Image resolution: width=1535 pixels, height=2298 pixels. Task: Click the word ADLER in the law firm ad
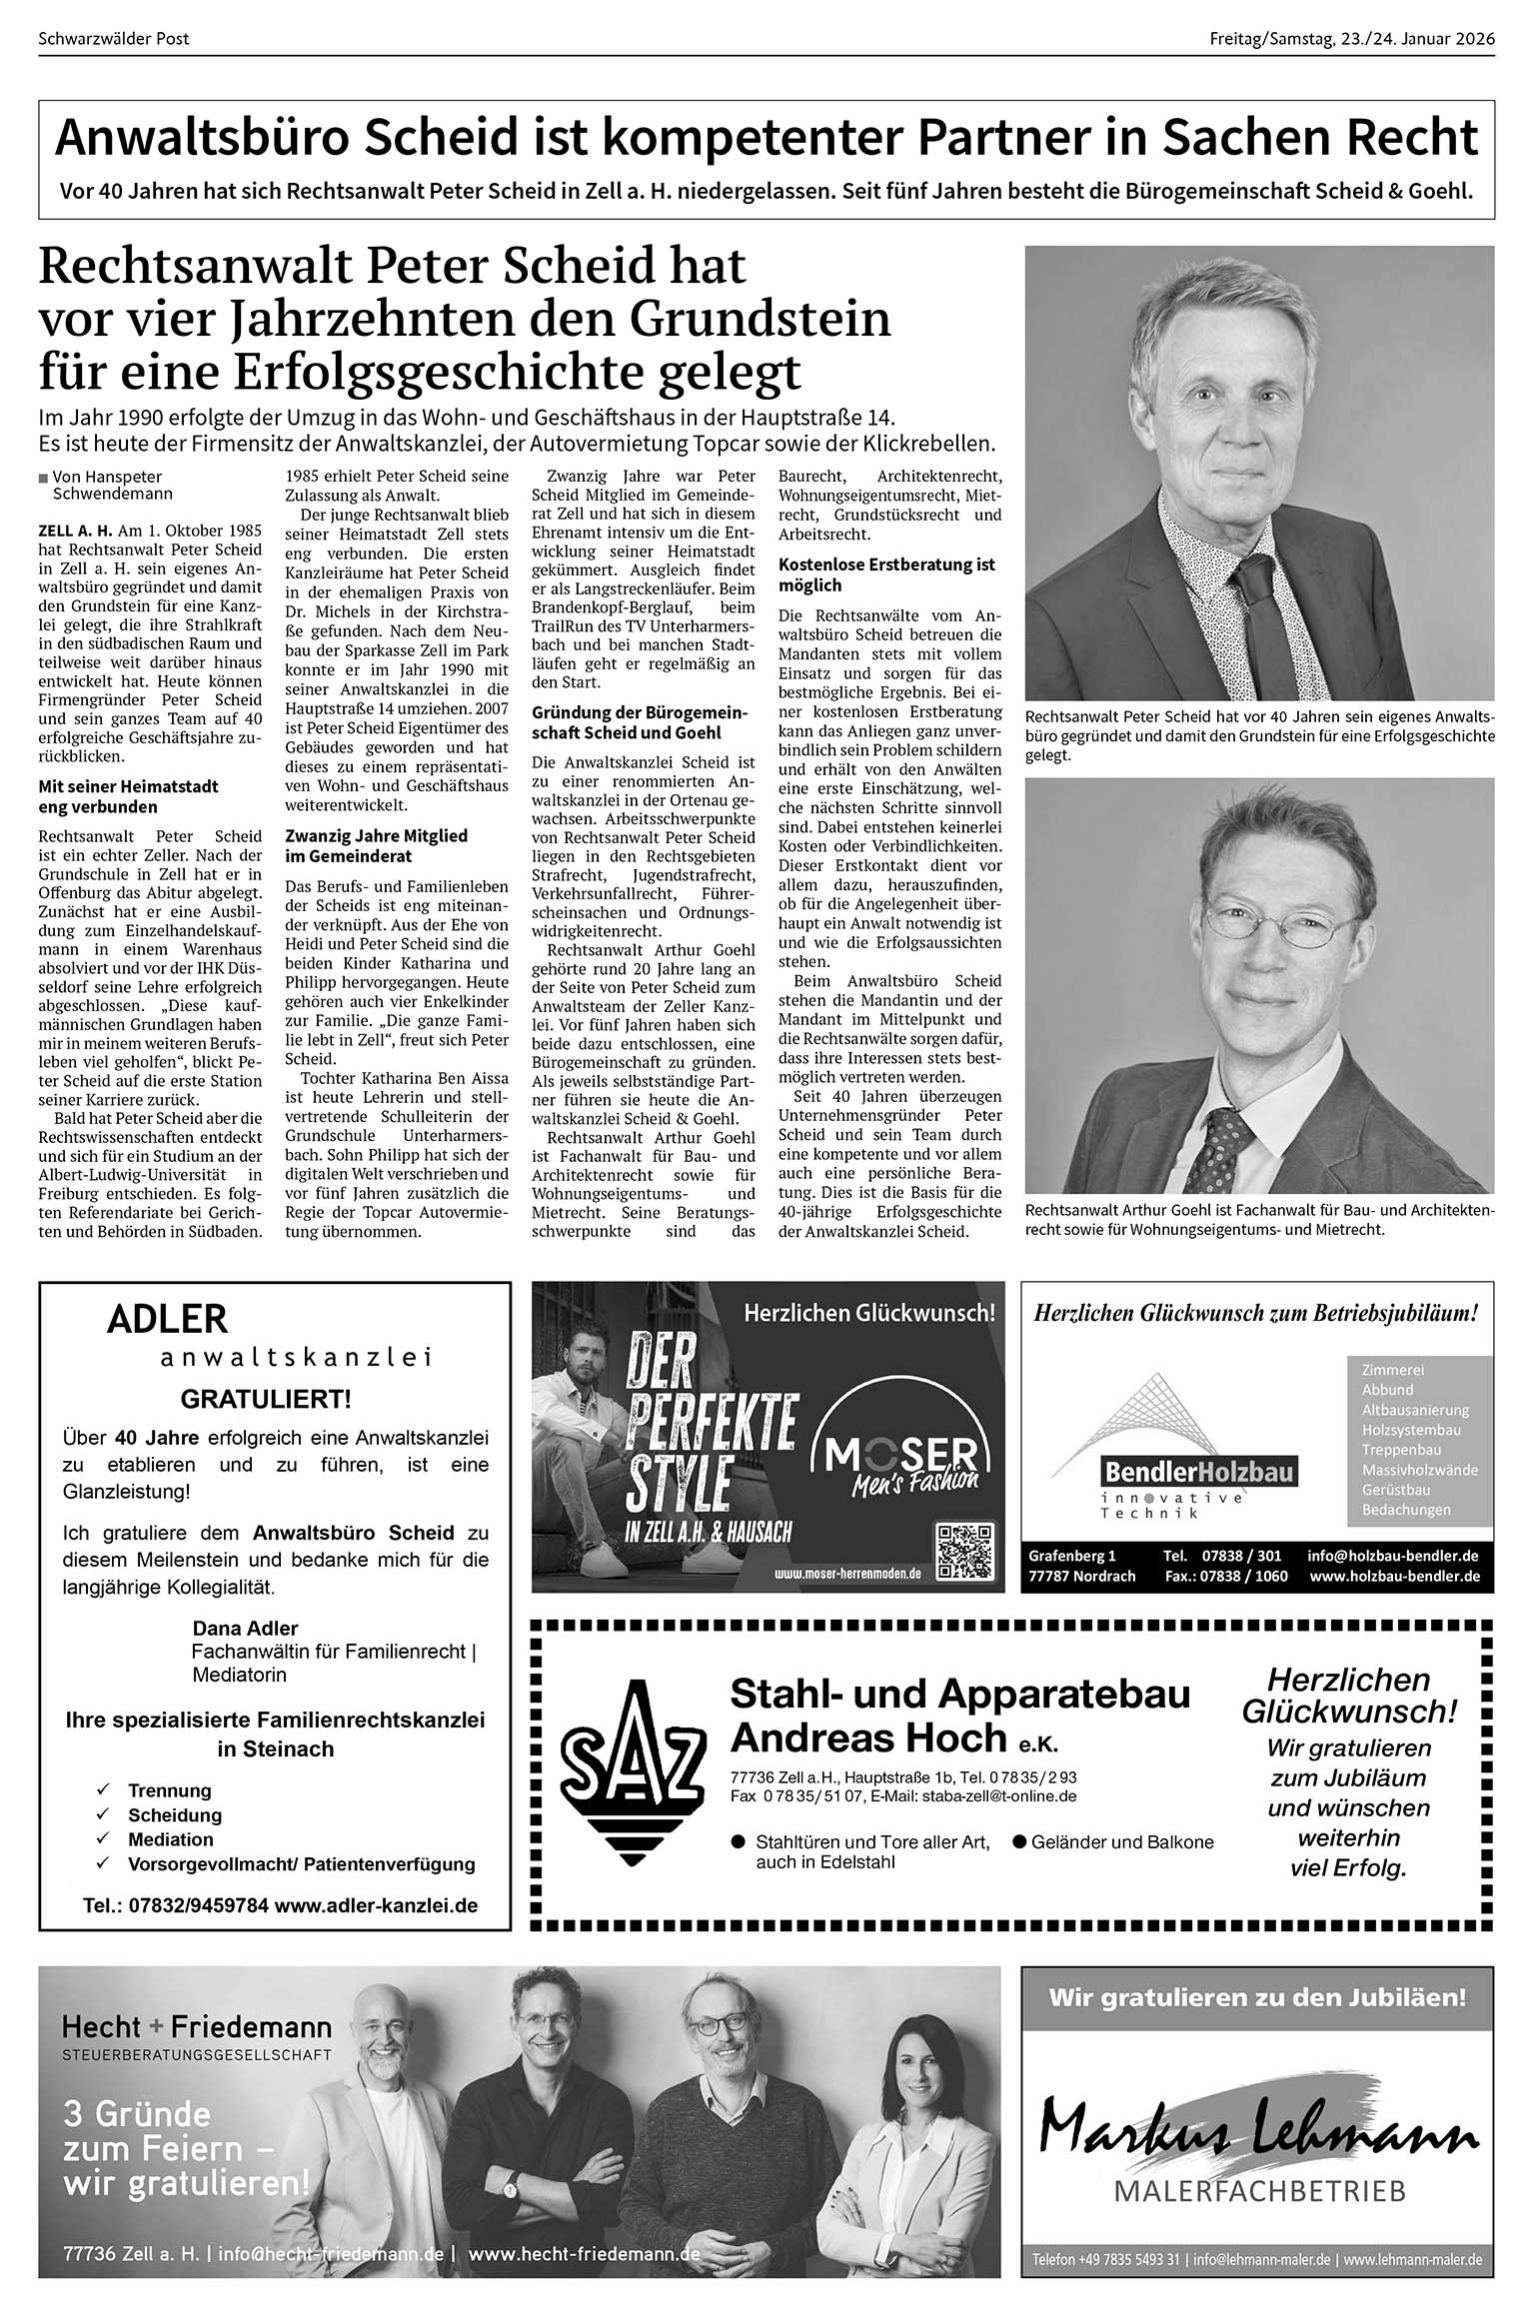coord(167,1320)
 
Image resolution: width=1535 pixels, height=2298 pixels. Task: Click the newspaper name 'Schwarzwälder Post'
coord(113,39)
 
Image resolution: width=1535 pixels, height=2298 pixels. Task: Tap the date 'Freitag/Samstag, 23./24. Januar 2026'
coord(1351,39)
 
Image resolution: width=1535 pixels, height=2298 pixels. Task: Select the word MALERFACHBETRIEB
coord(1258,2191)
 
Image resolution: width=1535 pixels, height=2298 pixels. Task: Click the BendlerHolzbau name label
coord(1198,1472)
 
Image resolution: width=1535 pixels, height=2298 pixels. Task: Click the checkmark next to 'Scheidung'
coord(102,1814)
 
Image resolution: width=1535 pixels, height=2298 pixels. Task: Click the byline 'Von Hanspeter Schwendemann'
coord(106,485)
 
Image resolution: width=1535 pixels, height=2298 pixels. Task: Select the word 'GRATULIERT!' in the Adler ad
coord(266,1399)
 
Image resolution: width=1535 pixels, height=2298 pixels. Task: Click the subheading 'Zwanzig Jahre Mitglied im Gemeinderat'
coord(376,845)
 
